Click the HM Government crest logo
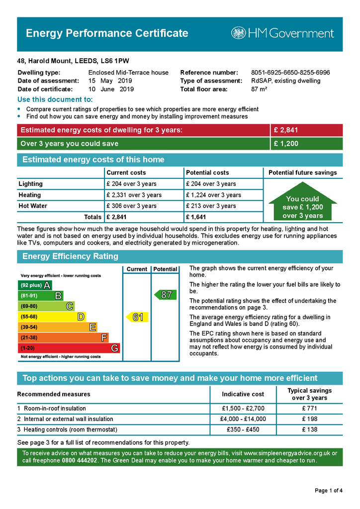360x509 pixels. (239, 33)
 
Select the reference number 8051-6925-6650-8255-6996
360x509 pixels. (290, 73)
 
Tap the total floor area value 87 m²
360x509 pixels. (259, 89)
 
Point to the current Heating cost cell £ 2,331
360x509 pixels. (134, 195)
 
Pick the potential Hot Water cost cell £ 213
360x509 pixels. (210, 206)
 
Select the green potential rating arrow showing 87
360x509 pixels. (164, 295)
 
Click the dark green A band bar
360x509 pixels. (34, 285)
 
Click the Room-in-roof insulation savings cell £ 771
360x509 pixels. (309, 409)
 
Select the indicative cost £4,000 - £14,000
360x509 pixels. (243, 419)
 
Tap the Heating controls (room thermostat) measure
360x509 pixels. (70, 429)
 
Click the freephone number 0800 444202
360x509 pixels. (80, 461)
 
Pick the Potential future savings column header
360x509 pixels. (302, 172)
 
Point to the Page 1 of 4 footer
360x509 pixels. (329, 491)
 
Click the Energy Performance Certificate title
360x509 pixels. (107, 33)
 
